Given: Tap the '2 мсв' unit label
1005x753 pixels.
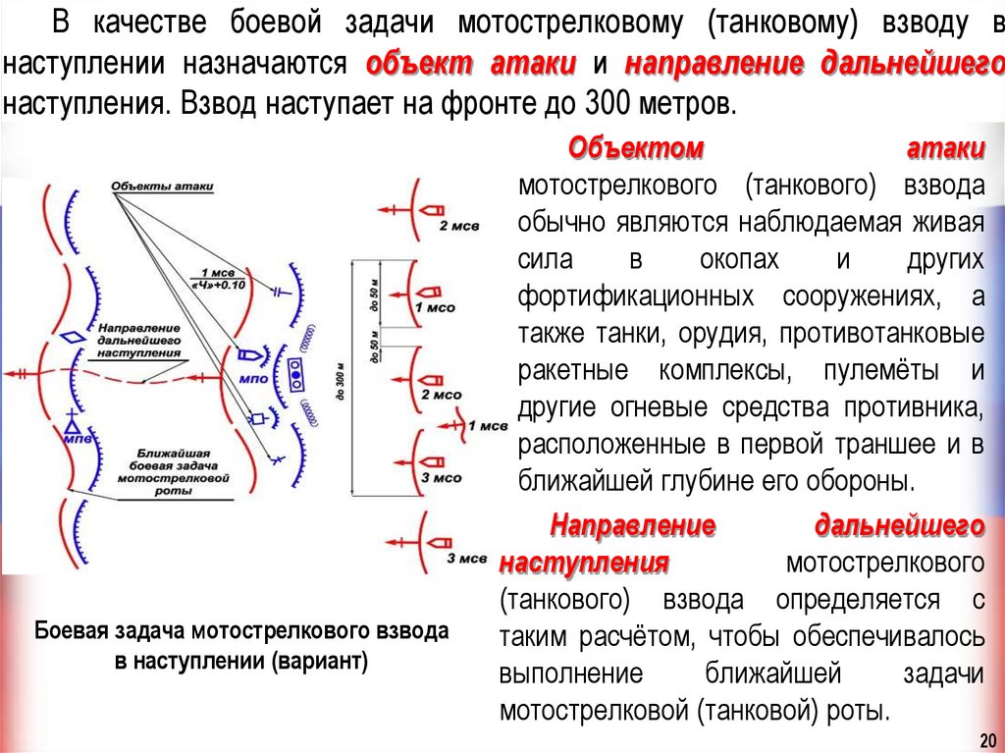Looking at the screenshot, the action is pyautogui.click(x=458, y=227).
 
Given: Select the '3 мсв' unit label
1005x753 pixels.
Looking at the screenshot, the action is pyautogui.click(x=466, y=559).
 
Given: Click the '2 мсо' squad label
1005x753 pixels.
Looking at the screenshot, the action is pyautogui.click(x=441, y=394).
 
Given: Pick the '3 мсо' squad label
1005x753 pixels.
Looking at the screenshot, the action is pyautogui.click(x=441, y=478).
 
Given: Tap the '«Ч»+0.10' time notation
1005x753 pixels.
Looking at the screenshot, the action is pyautogui.click(x=218, y=284).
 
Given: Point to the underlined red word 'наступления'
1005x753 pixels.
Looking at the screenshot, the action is pyautogui.click(x=584, y=564).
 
